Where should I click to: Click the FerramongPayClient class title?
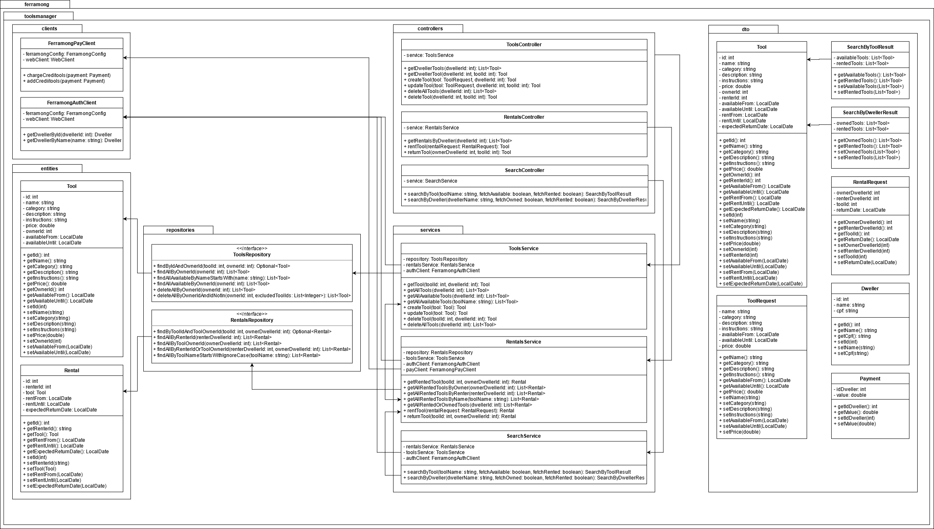[x=72, y=43]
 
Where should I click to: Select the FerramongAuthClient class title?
[x=72, y=103]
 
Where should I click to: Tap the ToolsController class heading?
[x=524, y=45]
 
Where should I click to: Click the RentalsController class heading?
[x=524, y=117]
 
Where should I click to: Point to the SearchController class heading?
[x=525, y=170]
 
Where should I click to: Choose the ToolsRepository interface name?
[x=251, y=255]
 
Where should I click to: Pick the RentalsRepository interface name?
[x=251, y=320]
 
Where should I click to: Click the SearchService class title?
[x=524, y=436]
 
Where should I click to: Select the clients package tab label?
[x=49, y=29]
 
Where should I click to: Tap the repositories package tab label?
[x=180, y=230]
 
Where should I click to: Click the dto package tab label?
[x=745, y=29]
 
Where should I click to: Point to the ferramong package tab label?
[x=37, y=5]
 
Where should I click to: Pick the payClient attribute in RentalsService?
[x=441, y=370]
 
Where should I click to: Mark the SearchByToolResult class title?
[x=870, y=47]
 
